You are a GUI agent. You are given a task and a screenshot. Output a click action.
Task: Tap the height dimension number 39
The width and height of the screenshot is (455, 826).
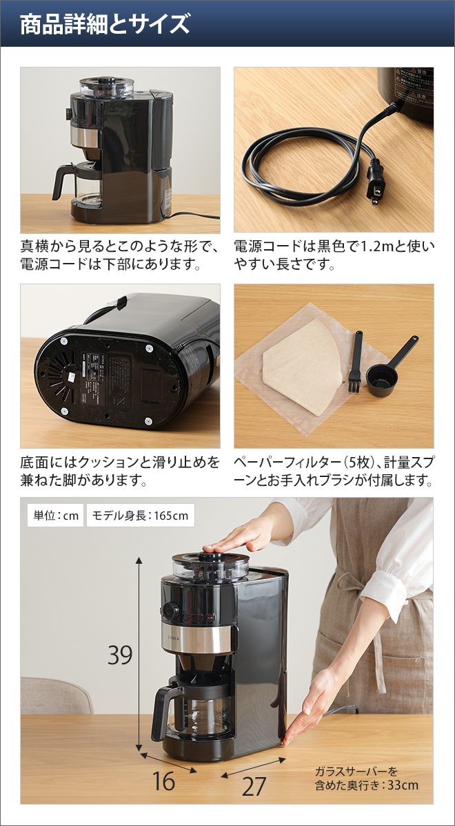(x=119, y=655)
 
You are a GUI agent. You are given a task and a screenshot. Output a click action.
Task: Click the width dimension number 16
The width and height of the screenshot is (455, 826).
(x=164, y=781)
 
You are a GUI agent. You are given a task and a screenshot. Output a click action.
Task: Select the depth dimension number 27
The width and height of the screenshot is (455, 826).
(x=254, y=786)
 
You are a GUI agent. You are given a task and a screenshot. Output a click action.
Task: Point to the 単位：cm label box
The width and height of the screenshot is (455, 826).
(x=54, y=515)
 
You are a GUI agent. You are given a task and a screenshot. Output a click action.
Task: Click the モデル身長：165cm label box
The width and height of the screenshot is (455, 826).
(x=141, y=515)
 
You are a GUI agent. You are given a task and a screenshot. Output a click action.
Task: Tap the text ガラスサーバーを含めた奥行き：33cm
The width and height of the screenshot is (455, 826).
(x=366, y=778)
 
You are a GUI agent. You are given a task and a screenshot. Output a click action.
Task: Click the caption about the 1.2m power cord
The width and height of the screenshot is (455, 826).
(x=334, y=255)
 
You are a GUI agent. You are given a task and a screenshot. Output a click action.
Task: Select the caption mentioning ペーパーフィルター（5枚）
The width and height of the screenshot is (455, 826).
(x=334, y=470)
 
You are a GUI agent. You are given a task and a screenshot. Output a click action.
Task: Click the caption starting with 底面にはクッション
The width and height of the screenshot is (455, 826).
(x=120, y=470)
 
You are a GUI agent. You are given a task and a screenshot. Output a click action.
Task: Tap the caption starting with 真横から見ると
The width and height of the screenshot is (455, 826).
(x=120, y=255)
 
